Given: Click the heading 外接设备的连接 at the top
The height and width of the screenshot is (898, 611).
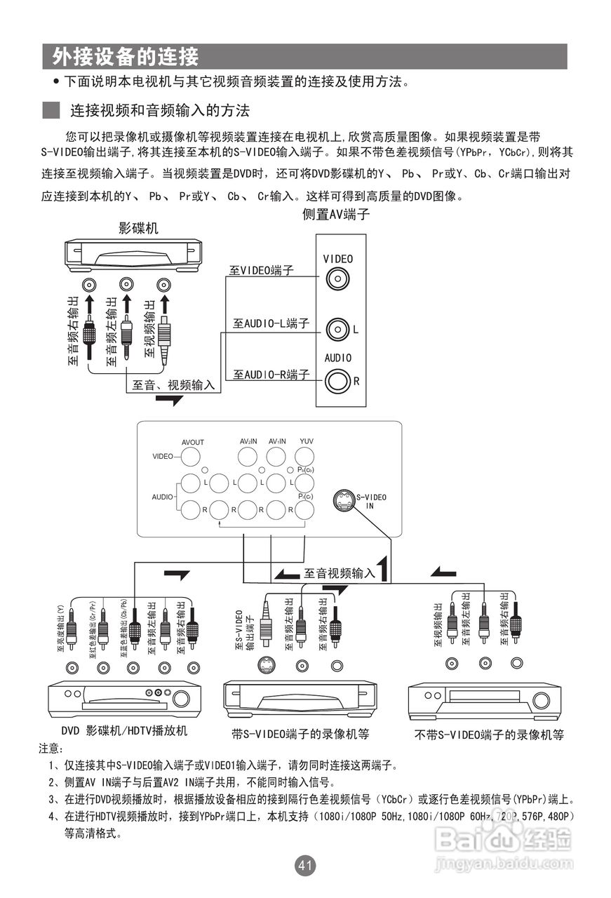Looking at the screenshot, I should coord(125,56).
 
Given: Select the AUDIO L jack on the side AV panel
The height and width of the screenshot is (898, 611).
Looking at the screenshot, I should coord(338,328).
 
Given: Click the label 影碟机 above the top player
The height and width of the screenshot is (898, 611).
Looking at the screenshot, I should coord(138,228).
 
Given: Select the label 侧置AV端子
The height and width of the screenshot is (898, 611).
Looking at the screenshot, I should coord(336,215).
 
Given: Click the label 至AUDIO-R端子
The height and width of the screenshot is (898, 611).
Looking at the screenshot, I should coord(271,375).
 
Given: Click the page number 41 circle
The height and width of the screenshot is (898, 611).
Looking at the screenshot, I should coord(305,866).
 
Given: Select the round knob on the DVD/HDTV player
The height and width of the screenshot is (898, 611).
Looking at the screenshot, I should coord(182,698).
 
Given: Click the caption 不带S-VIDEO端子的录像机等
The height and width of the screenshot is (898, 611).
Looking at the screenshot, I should coord(489,735).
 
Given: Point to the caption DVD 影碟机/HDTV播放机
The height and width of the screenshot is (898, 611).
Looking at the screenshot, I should coord(124,731).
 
